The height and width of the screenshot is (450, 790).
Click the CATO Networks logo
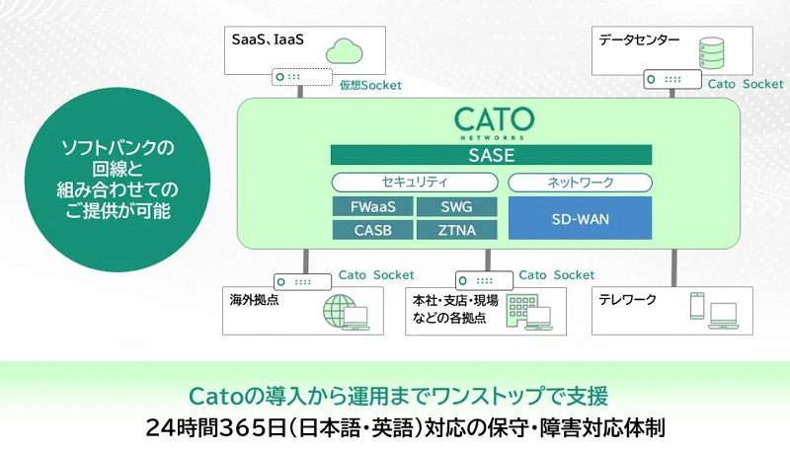[494, 122]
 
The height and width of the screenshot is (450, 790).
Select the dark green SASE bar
[491, 155]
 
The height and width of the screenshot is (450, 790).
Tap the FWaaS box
[370, 207]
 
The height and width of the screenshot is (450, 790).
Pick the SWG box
[454, 207]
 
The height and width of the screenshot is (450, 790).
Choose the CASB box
[370, 230]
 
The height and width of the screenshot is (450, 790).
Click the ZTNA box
[454, 230]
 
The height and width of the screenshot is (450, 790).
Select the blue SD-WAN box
[580, 218]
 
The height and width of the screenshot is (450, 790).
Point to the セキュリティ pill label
[414, 183]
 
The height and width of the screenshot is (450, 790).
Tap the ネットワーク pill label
[580, 183]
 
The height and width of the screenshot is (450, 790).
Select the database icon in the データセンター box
[710, 49]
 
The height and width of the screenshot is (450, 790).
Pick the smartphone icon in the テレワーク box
[696, 306]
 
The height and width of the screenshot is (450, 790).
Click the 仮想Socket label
[370, 86]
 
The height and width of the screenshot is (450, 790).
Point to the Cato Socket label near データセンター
[746, 85]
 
